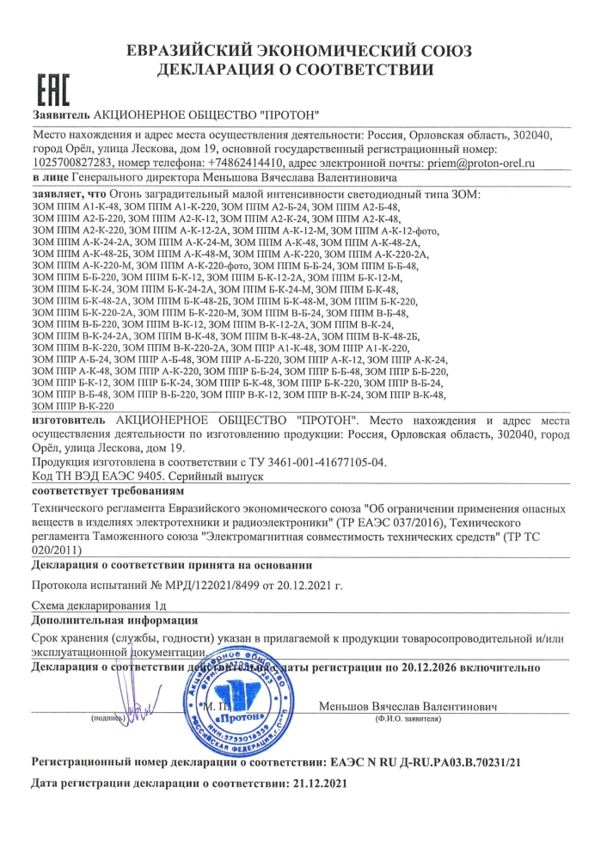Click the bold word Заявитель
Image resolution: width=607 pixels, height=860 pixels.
(59, 115)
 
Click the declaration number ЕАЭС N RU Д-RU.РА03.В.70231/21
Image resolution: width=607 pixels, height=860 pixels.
(427, 762)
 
